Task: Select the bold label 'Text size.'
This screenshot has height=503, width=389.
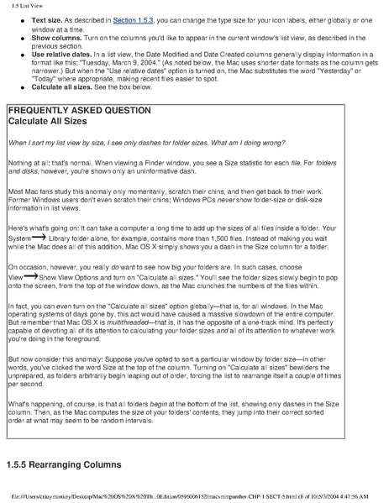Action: (x=46, y=18)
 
